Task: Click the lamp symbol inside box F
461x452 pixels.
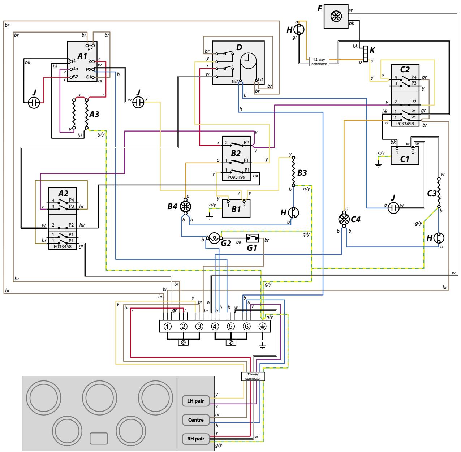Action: [x=336, y=16]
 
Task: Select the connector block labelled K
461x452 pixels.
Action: [x=365, y=54]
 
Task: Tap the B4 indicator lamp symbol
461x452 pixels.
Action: [x=185, y=206]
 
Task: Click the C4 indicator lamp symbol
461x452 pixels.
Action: [x=344, y=219]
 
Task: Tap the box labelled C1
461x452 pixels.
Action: [x=405, y=156]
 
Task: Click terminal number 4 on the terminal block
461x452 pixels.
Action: [x=215, y=326]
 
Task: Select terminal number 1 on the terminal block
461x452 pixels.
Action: [x=168, y=326]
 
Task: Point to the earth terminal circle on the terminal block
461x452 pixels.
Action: [x=263, y=326]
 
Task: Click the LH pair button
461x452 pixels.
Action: [x=196, y=401]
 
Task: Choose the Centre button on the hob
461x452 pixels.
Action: [x=196, y=420]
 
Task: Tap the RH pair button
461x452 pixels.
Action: [x=196, y=439]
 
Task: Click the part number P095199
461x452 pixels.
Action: [x=237, y=178]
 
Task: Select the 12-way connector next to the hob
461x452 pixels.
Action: [x=253, y=376]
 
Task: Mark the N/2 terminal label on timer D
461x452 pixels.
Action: [x=235, y=82]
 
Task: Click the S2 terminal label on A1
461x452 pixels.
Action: [x=75, y=77]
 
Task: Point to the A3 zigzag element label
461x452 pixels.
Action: [x=94, y=114]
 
